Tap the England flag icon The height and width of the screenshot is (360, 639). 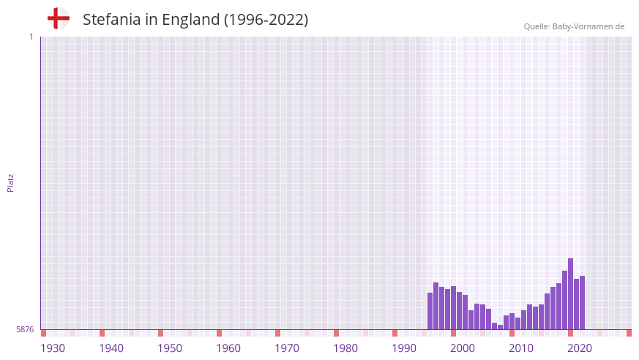pos(58,18)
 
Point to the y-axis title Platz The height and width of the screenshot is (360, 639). pos(10,182)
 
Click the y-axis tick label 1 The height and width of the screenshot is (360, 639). pos(31,37)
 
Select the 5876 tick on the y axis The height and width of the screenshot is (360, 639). pos(25,330)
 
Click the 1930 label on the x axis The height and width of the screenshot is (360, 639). pos(53,348)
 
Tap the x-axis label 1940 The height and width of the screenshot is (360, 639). pos(111,348)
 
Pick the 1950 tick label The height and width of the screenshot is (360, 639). pos(170,348)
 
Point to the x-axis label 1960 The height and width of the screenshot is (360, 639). pos(228,348)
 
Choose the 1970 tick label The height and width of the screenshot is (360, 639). pos(287,348)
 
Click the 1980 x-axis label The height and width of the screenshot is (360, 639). pos(345,348)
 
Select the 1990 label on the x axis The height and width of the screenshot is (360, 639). pos(404,348)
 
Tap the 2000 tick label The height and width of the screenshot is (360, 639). pos(463,348)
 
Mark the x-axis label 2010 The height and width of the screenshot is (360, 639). pos(521,348)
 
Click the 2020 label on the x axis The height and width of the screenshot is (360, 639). pos(580,348)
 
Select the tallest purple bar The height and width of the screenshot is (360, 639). pos(571,293)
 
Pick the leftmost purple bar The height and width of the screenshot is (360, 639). pos(430,311)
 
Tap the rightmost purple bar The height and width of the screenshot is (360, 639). pos(583,302)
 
